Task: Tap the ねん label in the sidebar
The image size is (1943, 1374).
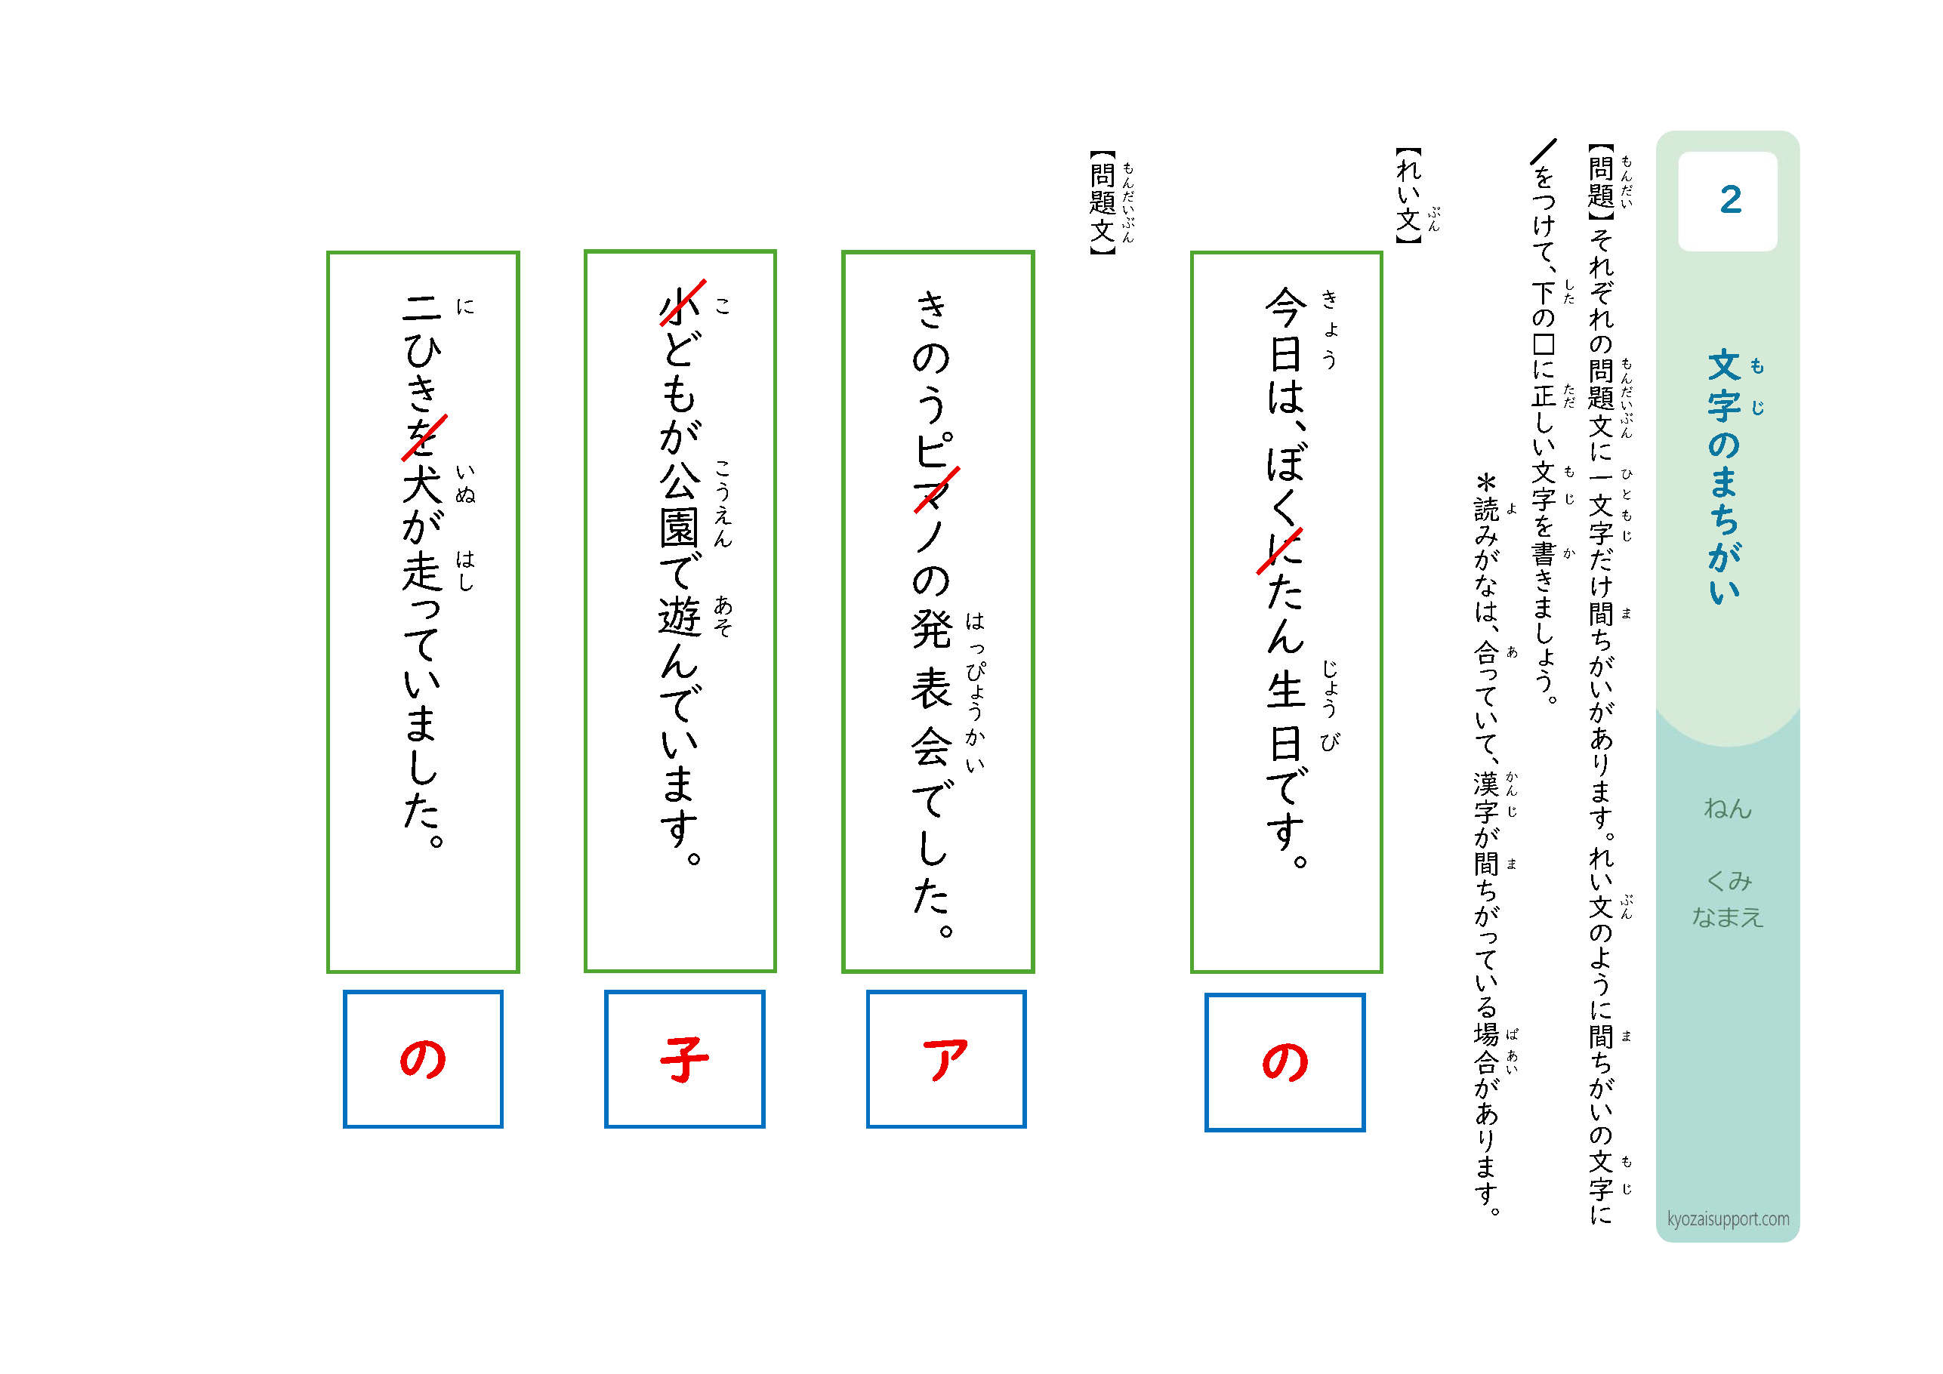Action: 1727,809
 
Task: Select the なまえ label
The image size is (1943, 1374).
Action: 1727,917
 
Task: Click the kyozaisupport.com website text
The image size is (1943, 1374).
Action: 1727,1218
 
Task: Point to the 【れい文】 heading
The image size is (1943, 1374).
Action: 1408,196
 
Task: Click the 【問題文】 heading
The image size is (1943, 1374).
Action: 1103,202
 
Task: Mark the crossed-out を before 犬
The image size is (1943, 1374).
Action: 423,436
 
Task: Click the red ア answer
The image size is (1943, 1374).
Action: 945,1059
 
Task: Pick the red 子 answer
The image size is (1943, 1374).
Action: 683,1059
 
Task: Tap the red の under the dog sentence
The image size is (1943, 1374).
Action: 422,1059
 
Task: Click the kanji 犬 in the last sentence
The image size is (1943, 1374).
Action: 422,485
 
